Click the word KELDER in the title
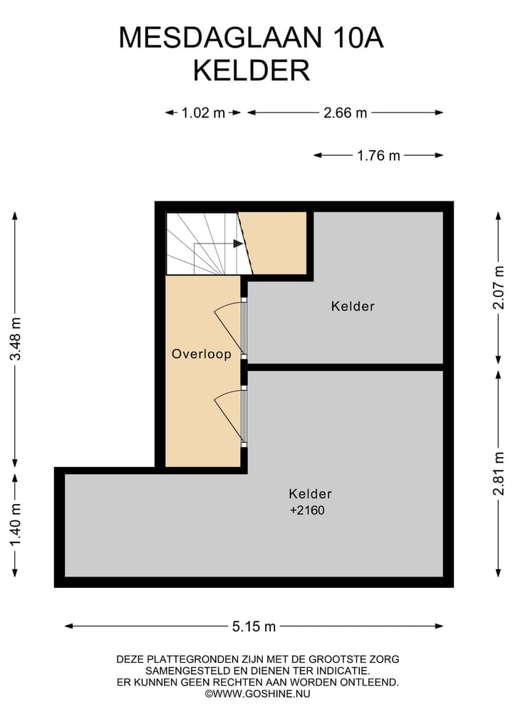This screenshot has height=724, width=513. point(252,70)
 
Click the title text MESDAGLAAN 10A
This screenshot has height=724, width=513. point(251,38)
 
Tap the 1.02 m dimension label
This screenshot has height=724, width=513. point(203,112)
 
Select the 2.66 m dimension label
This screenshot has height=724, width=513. point(345,112)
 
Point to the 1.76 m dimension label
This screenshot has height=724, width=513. point(378,156)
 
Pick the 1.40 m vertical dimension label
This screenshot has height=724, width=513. point(15,524)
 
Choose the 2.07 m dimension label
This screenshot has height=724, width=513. point(499,288)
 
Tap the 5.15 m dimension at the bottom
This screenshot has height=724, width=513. point(254,626)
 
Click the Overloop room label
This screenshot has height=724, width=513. point(202,354)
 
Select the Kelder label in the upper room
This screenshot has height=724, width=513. point(353,306)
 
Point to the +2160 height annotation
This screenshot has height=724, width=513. point(307,510)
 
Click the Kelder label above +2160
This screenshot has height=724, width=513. point(310,493)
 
